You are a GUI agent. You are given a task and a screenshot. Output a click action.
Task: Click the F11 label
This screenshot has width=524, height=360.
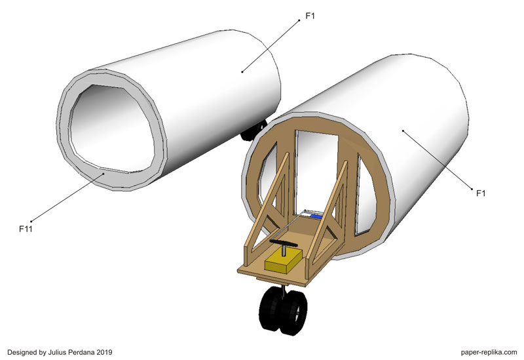tap(26, 230)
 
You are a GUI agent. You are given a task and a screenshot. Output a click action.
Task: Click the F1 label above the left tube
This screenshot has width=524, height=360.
tap(310, 16)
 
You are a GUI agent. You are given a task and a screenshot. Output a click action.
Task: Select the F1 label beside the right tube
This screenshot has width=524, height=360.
tap(481, 193)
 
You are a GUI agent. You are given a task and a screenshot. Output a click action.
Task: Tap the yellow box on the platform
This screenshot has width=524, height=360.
tap(284, 261)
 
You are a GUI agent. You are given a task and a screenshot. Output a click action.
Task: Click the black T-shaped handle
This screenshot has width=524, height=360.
tap(284, 243)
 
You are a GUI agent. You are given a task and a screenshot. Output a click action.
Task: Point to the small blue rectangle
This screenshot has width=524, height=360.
tap(316, 217)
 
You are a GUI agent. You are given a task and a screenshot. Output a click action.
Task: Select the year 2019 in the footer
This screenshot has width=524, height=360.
tap(105, 352)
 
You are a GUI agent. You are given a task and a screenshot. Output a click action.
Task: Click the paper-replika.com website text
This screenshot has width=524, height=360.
tap(489, 352)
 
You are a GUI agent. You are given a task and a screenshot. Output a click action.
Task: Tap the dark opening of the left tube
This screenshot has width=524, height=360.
tap(112, 128)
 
